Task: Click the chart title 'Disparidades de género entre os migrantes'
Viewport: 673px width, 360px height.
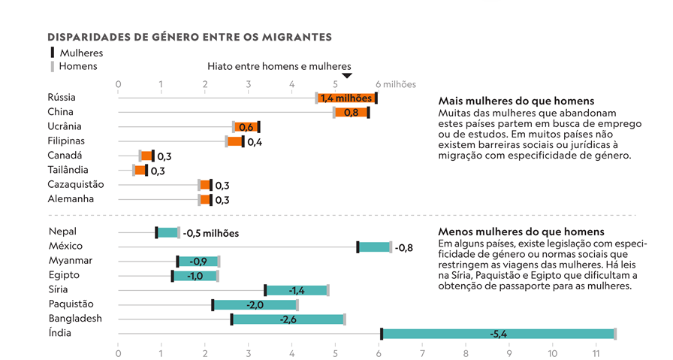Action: click(189, 37)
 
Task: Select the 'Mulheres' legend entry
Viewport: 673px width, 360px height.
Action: click(80, 53)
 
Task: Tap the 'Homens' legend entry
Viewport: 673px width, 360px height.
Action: click(77, 66)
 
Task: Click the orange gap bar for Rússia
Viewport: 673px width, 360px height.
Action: click(346, 98)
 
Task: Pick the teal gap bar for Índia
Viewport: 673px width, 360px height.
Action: click(498, 334)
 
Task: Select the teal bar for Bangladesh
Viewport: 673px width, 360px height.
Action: click(288, 319)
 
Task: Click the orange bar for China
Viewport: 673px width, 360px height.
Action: click(351, 113)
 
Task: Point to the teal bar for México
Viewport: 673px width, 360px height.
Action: click(374, 247)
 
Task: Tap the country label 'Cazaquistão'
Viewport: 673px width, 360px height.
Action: click(75, 185)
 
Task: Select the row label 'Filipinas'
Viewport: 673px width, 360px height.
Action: click(66, 141)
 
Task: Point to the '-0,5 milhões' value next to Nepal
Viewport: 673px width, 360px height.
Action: click(211, 233)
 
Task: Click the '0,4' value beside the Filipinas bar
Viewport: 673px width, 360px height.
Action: click(255, 142)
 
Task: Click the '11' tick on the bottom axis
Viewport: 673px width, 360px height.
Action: click(596, 352)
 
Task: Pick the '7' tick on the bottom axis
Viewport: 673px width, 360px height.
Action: click(422, 352)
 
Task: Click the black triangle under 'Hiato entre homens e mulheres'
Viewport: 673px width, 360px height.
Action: click(346, 76)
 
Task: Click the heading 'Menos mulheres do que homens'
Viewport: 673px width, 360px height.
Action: click(521, 232)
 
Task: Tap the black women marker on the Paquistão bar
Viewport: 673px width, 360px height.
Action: click(213, 304)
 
